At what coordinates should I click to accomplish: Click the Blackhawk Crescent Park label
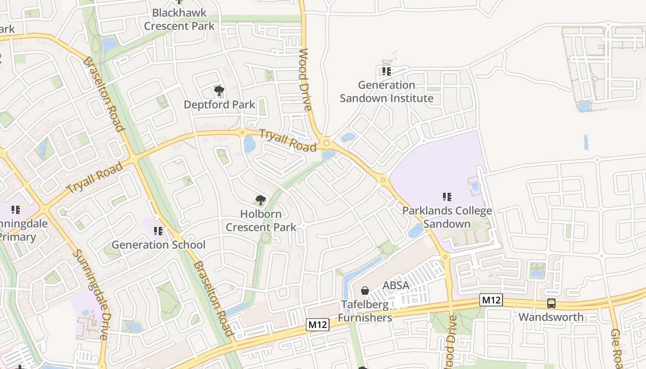coord(179,19)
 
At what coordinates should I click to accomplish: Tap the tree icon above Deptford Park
coord(219,90)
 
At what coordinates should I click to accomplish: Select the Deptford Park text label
coord(219,105)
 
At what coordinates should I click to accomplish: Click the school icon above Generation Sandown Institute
coord(386,71)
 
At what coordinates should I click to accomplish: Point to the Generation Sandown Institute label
coord(387,91)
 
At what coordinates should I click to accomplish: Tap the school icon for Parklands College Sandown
coord(447,197)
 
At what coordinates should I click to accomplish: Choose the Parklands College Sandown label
coord(447,217)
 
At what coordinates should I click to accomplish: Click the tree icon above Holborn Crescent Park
coord(260,200)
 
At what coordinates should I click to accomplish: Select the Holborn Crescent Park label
coord(261,220)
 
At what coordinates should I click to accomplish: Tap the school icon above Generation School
coord(158,231)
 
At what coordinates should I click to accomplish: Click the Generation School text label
coord(158,244)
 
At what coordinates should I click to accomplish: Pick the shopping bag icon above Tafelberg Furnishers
coord(365,291)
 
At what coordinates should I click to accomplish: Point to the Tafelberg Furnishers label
coord(365,311)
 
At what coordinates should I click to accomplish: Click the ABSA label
coord(396,286)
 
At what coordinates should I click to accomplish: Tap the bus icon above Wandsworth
coord(551,304)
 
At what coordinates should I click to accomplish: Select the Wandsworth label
coord(551,317)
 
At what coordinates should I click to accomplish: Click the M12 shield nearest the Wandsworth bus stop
coord(491,300)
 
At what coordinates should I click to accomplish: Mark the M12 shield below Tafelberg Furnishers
coord(318,325)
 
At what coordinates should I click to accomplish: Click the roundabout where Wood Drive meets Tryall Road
coord(327,143)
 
